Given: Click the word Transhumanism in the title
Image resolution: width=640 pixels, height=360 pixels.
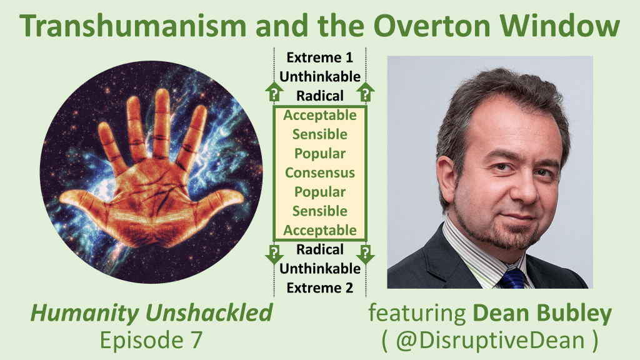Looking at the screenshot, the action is (x=132, y=25).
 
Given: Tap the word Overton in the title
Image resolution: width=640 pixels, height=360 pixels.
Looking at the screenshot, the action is (x=432, y=25).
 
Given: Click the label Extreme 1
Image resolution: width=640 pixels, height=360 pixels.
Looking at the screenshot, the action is (x=319, y=57).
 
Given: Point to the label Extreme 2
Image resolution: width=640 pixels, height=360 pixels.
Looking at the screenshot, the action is (x=319, y=287).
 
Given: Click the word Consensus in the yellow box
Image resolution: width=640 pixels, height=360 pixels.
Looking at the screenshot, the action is (x=320, y=172).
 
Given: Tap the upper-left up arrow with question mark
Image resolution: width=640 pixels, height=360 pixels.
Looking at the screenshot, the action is (x=274, y=92).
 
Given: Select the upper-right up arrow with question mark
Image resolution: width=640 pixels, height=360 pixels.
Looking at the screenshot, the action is (x=365, y=92).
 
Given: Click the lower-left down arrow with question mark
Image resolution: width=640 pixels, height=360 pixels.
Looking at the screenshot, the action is (x=274, y=254).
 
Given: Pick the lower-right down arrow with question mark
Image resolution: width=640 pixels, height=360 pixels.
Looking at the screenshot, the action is (x=365, y=254).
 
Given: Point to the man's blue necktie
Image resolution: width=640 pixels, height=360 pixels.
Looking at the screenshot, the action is (x=512, y=277).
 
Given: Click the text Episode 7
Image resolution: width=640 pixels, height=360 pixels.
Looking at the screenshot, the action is (x=151, y=340).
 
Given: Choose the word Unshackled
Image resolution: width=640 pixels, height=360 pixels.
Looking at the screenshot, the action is (x=209, y=313).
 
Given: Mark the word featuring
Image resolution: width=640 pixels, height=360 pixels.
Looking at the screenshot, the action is (x=417, y=314).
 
